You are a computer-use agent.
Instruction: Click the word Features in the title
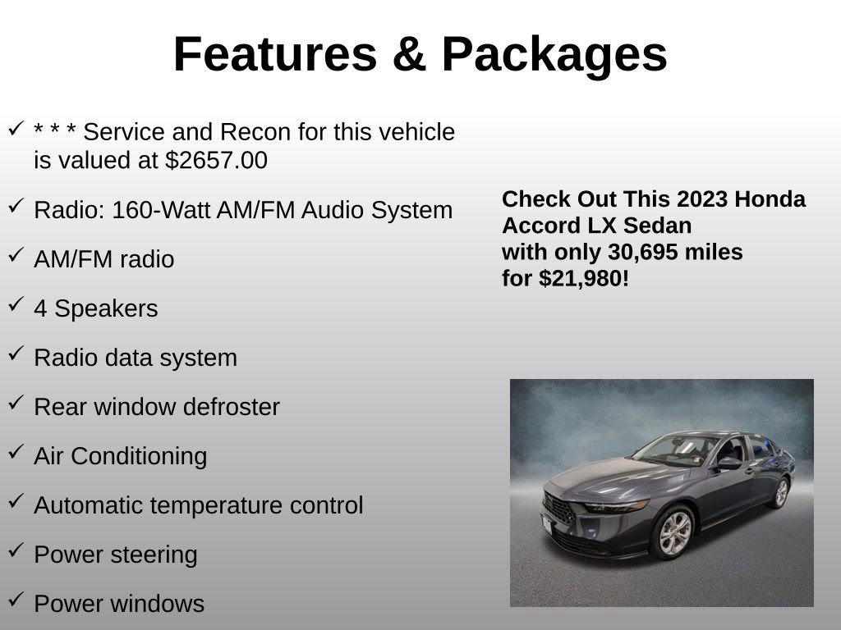(275, 55)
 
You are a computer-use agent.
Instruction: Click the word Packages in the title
(554, 55)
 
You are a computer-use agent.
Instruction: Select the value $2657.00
(216, 161)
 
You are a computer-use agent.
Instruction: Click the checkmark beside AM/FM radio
(16, 256)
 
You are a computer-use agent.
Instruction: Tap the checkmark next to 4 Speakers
(16, 305)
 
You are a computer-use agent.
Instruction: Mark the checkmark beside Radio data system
(16, 354)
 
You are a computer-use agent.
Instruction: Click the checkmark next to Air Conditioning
(16, 453)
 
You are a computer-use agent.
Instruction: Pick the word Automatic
(88, 505)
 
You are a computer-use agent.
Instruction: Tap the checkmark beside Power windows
(16, 600)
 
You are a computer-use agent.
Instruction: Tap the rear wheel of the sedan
(780, 493)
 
